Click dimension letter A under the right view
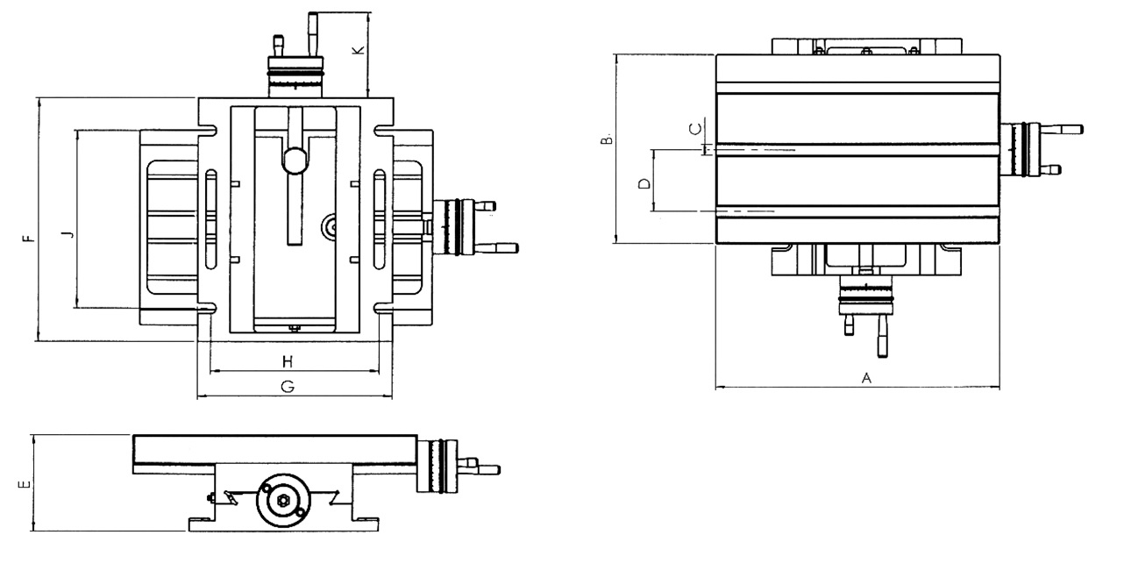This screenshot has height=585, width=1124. [866, 378]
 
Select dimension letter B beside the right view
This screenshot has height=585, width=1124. [605, 139]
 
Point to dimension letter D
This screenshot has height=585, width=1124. [643, 184]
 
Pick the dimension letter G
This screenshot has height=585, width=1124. [287, 387]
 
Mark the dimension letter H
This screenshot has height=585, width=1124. [287, 361]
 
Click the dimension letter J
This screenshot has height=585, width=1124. [65, 233]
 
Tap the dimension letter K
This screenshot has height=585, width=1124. [358, 50]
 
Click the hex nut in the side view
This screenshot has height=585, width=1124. [283, 501]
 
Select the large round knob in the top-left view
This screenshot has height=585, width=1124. [295, 159]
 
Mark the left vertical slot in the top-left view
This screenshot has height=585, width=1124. [210, 219]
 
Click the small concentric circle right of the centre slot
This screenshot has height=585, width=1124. [330, 227]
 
